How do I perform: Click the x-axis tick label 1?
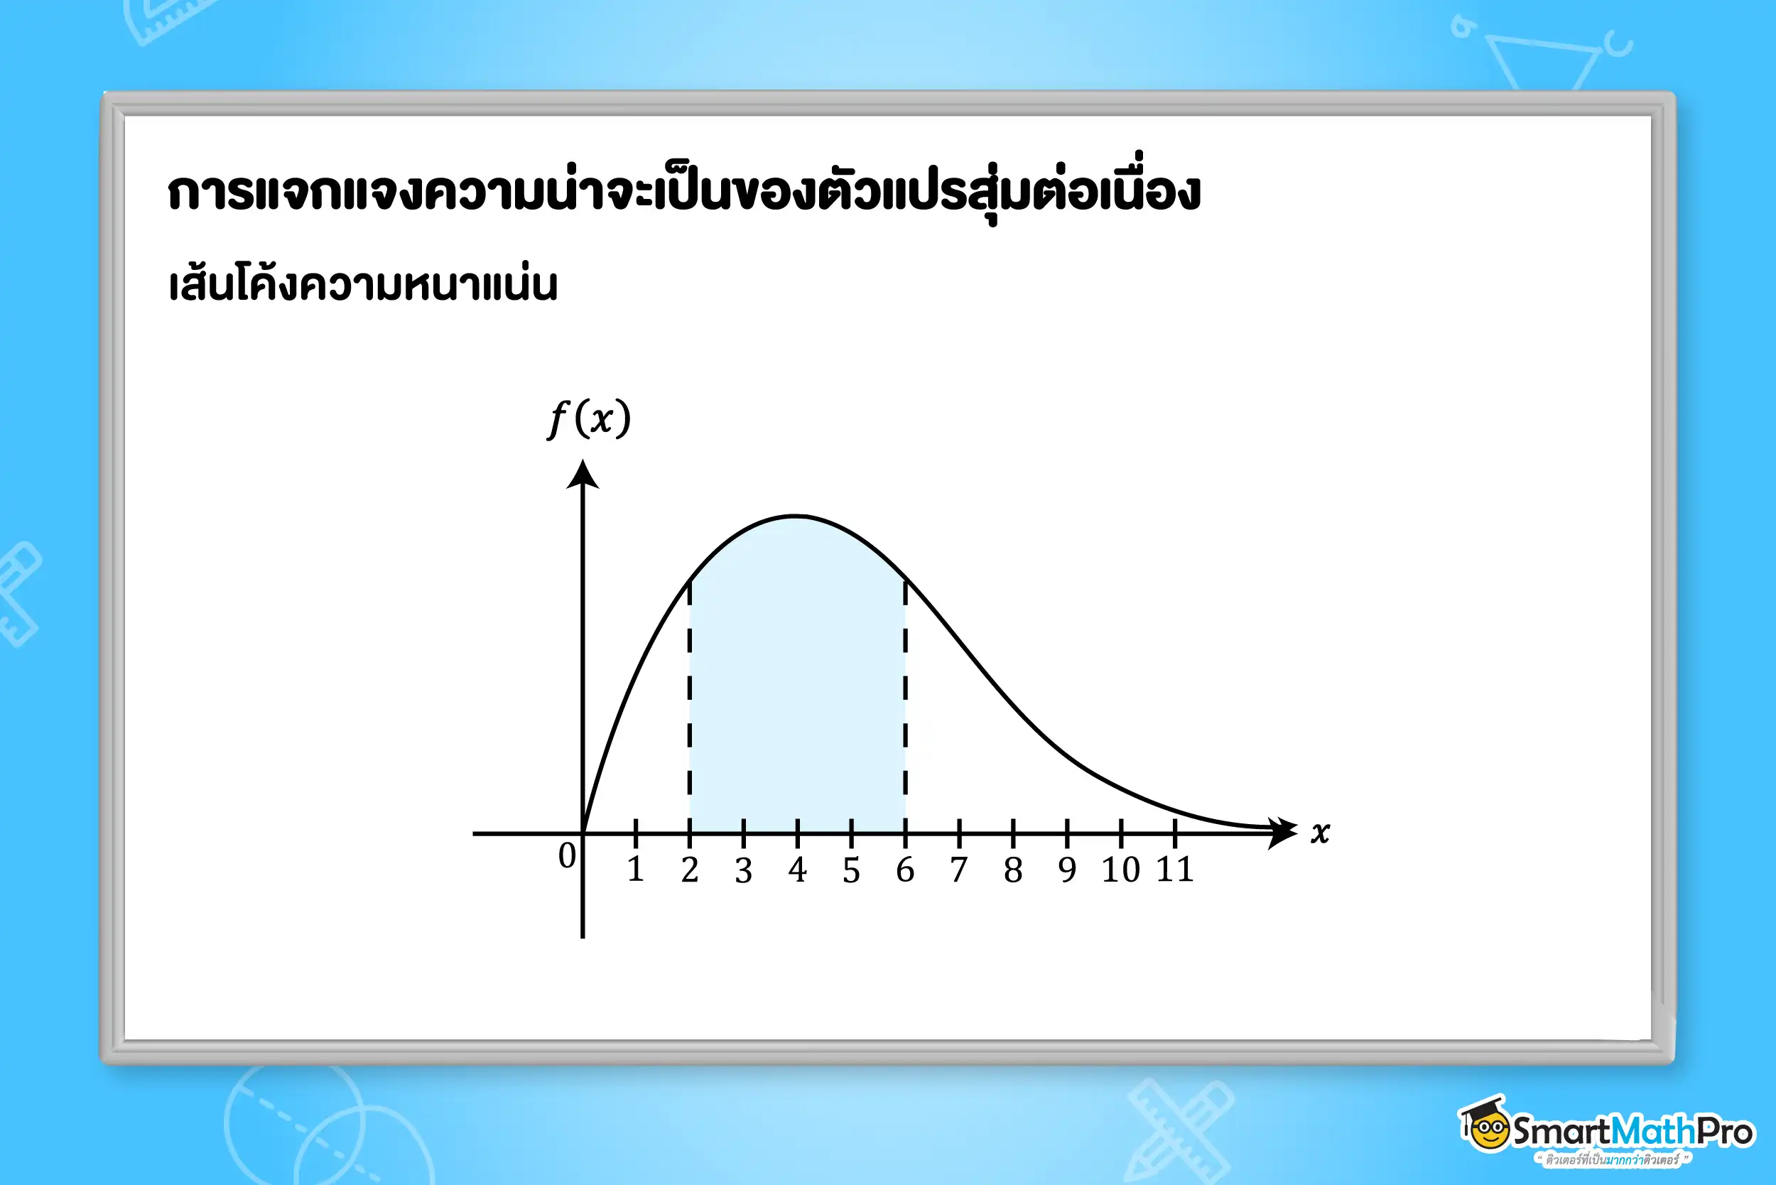point(636,869)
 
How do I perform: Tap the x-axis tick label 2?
point(689,869)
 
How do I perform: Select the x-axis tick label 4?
point(797,869)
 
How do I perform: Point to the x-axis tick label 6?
point(905,869)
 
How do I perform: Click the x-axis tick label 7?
point(959,869)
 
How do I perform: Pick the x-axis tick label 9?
point(1067,869)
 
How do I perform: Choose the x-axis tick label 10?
point(1121,869)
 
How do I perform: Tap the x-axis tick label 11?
point(1175,869)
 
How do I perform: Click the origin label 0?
point(567,855)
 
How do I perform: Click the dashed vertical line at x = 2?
point(689,707)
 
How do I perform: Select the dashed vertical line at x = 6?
point(905,707)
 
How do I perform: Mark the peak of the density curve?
point(796,516)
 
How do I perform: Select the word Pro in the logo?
point(1726,1131)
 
